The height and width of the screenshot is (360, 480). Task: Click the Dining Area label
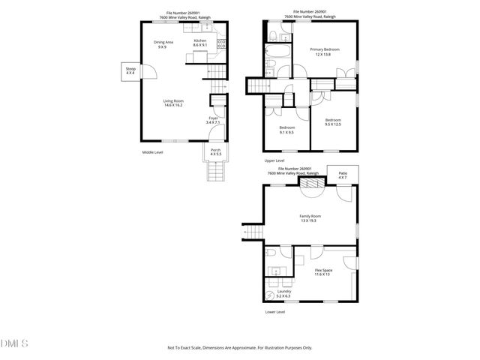pos(163,42)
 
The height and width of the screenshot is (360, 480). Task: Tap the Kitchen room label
pos(200,40)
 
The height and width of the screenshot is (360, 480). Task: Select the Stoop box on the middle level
pos(130,70)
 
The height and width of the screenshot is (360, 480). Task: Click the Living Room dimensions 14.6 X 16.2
pos(174,106)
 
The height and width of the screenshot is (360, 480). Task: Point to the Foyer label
pos(214,118)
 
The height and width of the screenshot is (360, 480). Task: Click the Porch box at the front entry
pos(216,151)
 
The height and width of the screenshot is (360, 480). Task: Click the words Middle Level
pos(153,152)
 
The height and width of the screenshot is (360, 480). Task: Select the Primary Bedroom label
pos(325,49)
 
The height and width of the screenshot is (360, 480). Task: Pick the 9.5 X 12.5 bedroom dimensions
pos(333,124)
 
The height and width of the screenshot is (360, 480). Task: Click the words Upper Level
pos(274,160)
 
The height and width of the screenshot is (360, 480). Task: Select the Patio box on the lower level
pos(343,175)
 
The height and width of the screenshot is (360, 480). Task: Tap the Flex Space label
pos(324,270)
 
